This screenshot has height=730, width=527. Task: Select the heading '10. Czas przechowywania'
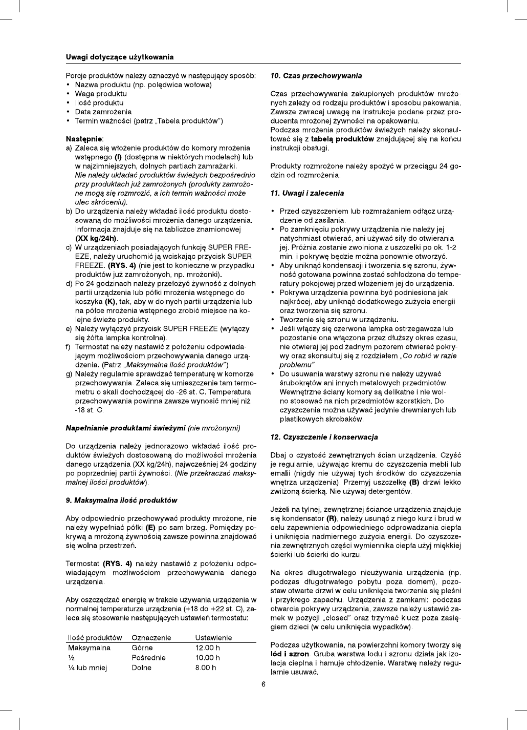[x=316, y=76]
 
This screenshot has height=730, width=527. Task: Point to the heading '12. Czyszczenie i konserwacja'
[x=324, y=437]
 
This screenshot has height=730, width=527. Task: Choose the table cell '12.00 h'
[x=208, y=648]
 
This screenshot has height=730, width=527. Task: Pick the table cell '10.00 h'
[x=208, y=658]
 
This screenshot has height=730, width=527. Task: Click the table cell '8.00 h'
[x=206, y=668]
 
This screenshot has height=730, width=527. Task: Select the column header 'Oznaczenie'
[x=151, y=638]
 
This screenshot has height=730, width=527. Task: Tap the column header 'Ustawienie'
[x=213, y=638]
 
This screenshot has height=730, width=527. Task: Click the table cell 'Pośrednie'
[x=148, y=658]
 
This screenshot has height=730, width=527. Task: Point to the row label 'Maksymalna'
[x=89, y=648]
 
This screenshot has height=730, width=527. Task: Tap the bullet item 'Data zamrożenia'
[x=103, y=112]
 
